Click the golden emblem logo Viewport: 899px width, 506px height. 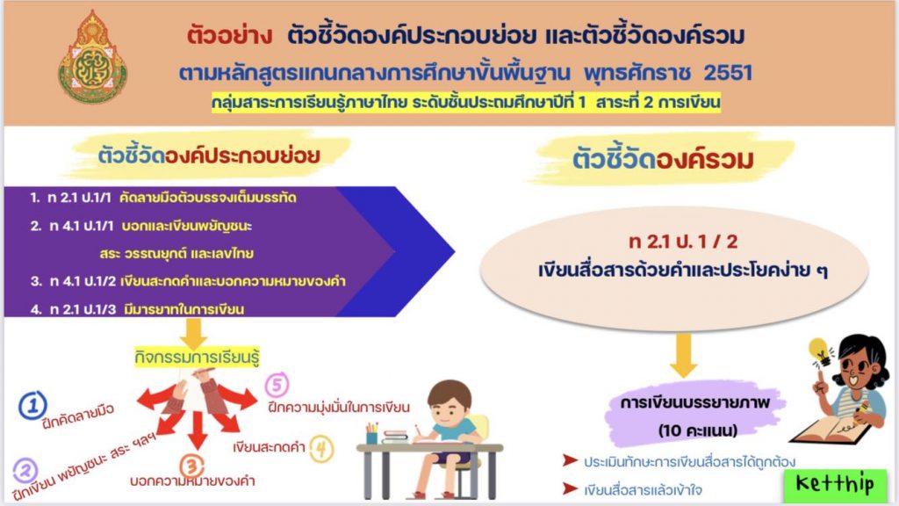click(92, 58)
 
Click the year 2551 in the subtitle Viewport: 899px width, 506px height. click(728, 73)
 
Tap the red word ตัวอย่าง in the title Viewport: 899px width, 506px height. click(229, 35)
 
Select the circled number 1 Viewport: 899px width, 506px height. click(32, 405)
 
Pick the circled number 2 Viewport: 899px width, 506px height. click(25, 471)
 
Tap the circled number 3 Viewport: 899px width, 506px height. click(192, 466)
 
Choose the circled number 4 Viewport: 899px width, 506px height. click(321, 449)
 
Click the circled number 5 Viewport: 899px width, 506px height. click(277, 385)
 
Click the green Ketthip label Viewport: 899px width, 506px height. click(835, 485)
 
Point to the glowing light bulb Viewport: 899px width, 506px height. click(820, 351)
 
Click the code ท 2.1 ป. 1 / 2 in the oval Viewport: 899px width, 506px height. click(683, 242)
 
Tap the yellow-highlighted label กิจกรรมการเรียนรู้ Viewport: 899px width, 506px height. click(197, 357)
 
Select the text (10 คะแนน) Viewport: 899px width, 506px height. click(697, 430)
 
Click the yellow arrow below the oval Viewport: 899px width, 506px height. click(683, 356)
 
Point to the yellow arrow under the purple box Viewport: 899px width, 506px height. click(193, 333)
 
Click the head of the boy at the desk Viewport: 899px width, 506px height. click(450, 401)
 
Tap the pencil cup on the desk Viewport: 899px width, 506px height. click(372, 434)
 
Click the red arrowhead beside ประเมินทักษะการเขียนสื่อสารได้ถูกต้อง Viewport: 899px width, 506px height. click(570, 460)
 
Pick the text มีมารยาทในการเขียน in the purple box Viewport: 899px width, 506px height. click(184, 309)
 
